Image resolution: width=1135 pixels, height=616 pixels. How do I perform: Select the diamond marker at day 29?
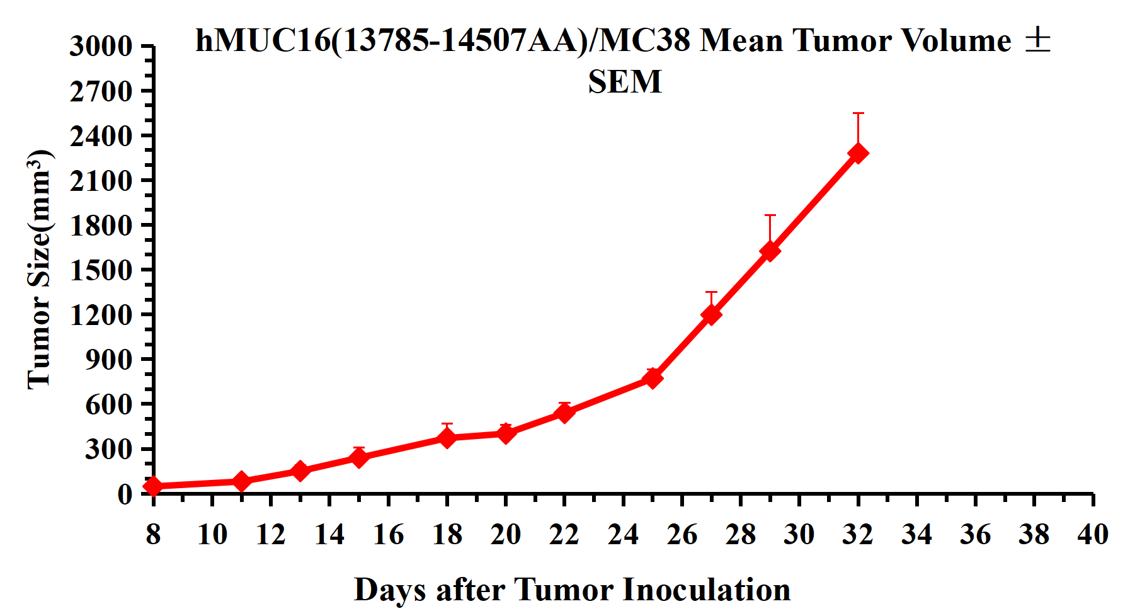[770, 251]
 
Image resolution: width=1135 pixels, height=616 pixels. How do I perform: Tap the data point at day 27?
[711, 314]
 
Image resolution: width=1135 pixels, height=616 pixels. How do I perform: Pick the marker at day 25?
[653, 378]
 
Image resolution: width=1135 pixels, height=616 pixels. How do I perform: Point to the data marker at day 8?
[153, 486]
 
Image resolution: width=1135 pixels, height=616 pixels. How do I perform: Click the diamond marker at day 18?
[447, 437]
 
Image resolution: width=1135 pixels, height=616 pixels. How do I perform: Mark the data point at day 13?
[300, 471]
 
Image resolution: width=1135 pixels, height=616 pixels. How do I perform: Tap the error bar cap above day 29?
[770, 215]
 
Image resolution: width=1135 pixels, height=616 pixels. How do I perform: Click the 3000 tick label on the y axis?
[101, 47]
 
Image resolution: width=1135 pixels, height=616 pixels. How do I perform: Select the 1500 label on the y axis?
[101, 270]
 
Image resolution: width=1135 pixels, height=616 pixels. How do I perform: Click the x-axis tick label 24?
[623, 535]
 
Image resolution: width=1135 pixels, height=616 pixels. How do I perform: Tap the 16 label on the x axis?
[388, 535]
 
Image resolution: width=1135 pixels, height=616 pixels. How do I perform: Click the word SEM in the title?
[625, 82]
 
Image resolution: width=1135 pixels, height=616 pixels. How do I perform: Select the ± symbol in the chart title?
[1037, 40]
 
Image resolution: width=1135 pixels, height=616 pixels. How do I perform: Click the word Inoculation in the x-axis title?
[707, 590]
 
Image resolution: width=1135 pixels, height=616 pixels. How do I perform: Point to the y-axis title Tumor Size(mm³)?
[39, 269]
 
